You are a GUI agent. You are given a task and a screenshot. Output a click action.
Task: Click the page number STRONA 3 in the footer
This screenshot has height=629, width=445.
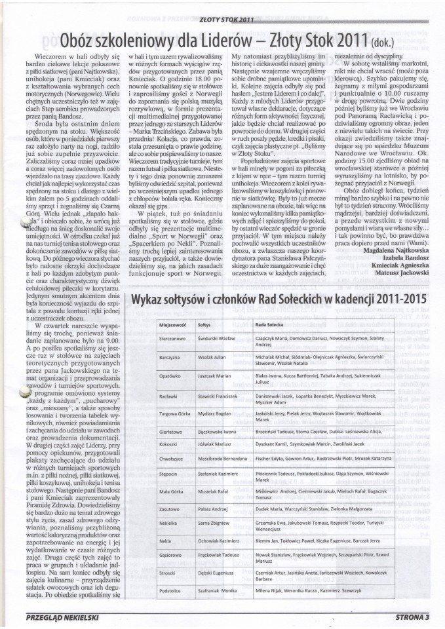(412, 615)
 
